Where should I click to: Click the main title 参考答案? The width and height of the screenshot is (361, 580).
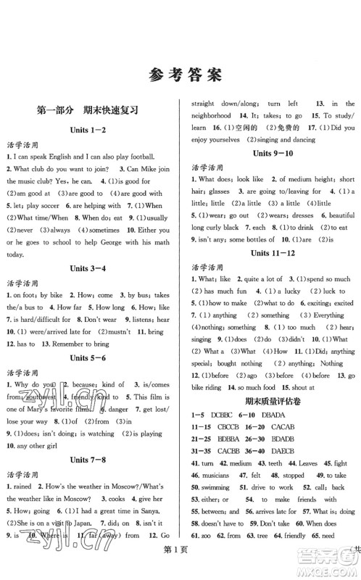pyautogui.click(x=180, y=74)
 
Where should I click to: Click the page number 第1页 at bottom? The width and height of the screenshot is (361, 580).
pyautogui.click(x=180, y=569)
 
